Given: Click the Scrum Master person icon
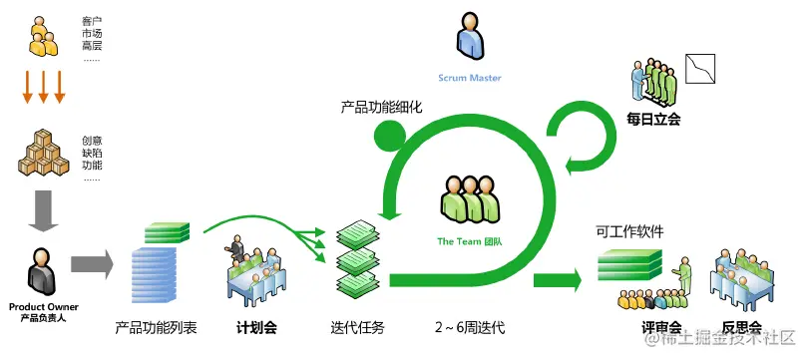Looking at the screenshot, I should click(x=470, y=37).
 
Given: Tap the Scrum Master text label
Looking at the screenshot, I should click(x=469, y=78).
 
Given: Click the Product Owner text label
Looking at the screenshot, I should click(x=43, y=307).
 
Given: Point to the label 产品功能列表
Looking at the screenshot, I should click(x=156, y=328).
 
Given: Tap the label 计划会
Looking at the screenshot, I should click(x=256, y=328).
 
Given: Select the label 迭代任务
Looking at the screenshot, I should click(x=357, y=328).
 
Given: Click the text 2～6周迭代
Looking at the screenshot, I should click(x=470, y=328).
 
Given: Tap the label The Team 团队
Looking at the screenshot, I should click(x=469, y=241).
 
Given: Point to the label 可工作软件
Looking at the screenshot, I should click(x=629, y=231).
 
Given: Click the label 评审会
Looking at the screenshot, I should click(x=661, y=328).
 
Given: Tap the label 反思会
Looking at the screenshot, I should click(x=741, y=328).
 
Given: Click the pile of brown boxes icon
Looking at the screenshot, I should click(x=42, y=153).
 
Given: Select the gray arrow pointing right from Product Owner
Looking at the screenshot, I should click(x=92, y=264).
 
